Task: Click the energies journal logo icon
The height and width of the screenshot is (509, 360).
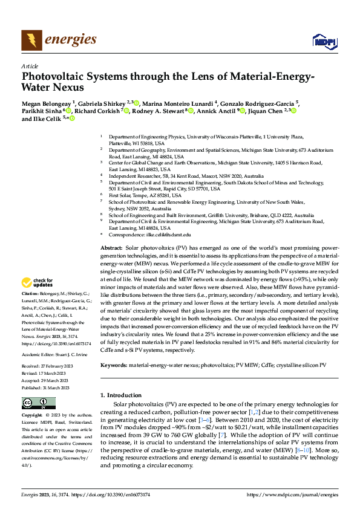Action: [x=32, y=41]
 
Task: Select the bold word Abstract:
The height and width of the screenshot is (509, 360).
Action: [x=111, y=248]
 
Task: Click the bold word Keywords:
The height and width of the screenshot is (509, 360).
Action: [x=113, y=365]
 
